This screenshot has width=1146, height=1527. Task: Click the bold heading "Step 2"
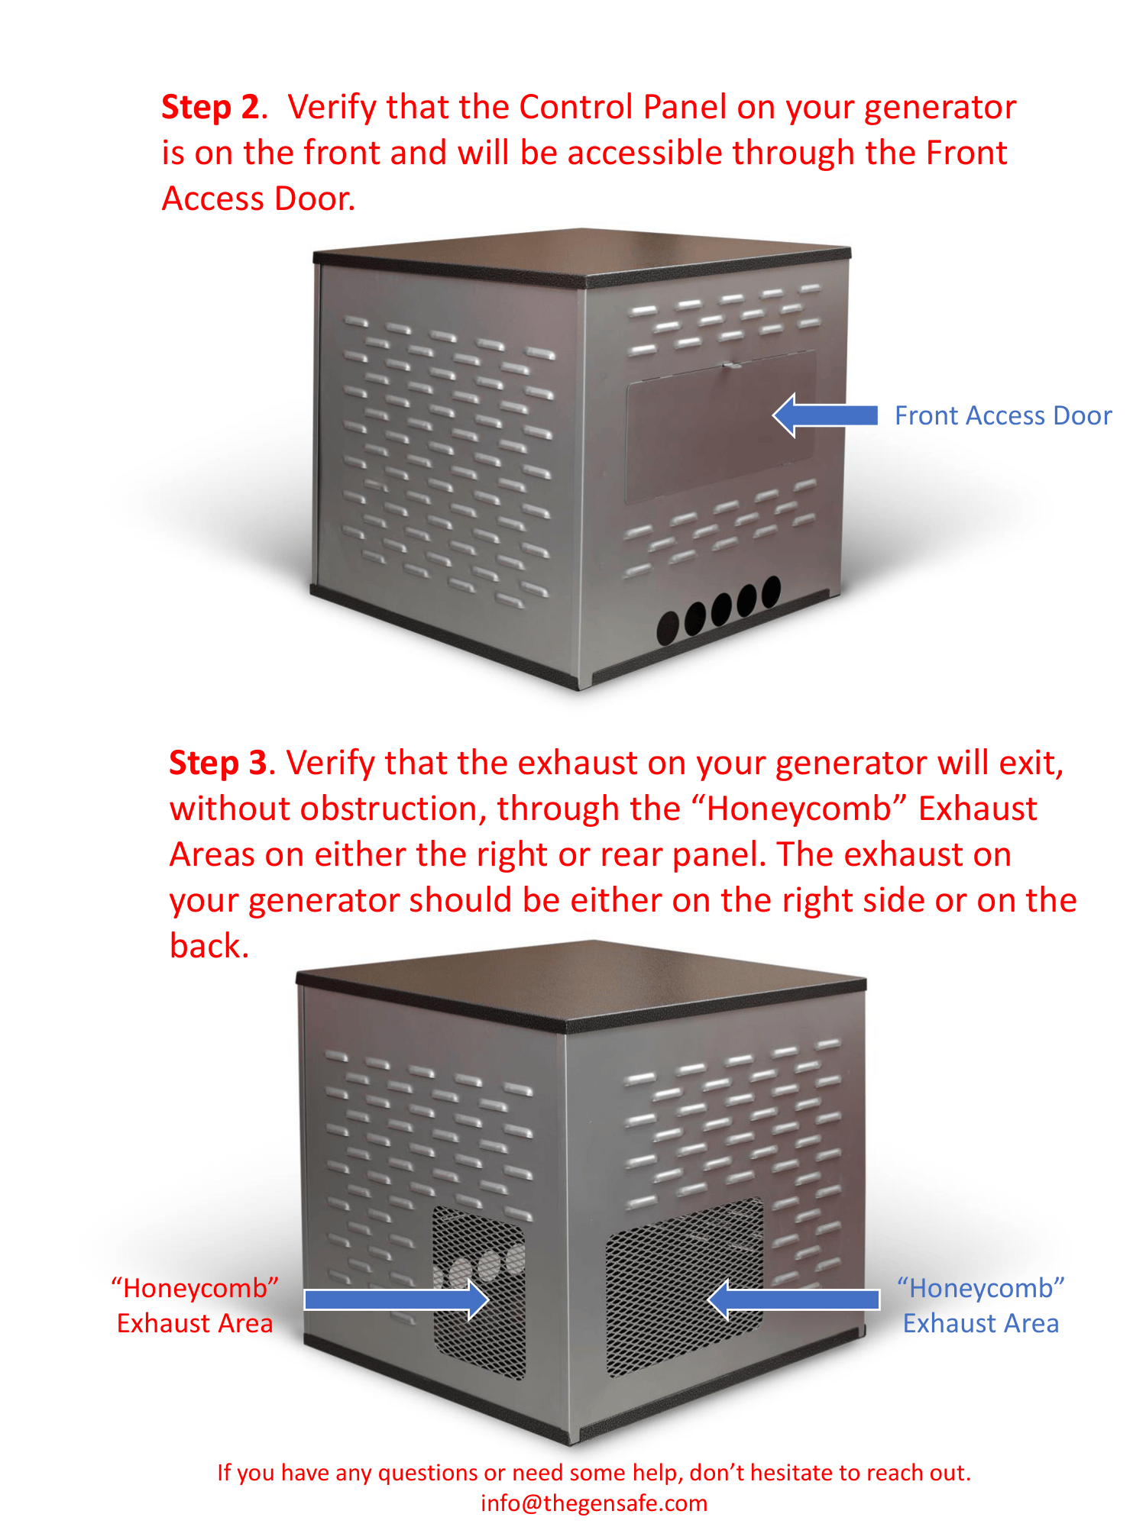point(211,108)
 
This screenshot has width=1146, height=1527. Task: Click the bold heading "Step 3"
point(219,763)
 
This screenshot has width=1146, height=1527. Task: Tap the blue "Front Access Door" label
point(1003,415)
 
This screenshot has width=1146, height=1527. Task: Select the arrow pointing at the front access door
point(825,415)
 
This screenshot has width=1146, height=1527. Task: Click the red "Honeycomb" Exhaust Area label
point(195,1306)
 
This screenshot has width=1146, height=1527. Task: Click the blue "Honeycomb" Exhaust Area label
point(981,1306)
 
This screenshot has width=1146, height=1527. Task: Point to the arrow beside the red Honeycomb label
point(397,1299)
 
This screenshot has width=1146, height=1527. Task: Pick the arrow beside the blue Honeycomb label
point(794,1299)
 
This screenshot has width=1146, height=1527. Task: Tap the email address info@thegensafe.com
point(594,1503)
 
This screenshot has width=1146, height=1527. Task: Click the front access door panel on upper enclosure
point(720,426)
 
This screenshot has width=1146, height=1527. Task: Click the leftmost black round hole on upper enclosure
point(668,628)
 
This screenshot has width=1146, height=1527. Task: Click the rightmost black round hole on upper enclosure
point(772,590)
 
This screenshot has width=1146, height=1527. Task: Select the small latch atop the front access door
point(731,365)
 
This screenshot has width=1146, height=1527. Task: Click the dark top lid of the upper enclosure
point(582,256)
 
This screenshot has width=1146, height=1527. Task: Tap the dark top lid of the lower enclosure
point(581,984)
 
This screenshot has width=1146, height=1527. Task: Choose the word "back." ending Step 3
point(209,946)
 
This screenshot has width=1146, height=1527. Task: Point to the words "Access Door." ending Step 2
point(259,199)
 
